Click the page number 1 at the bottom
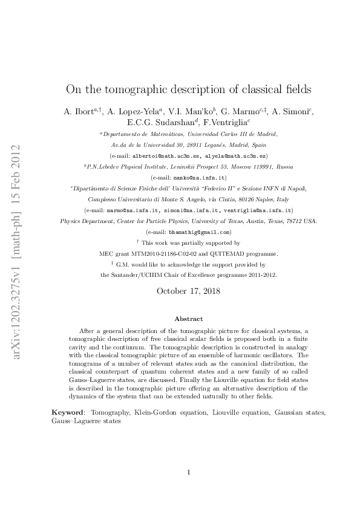pos(189,472)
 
